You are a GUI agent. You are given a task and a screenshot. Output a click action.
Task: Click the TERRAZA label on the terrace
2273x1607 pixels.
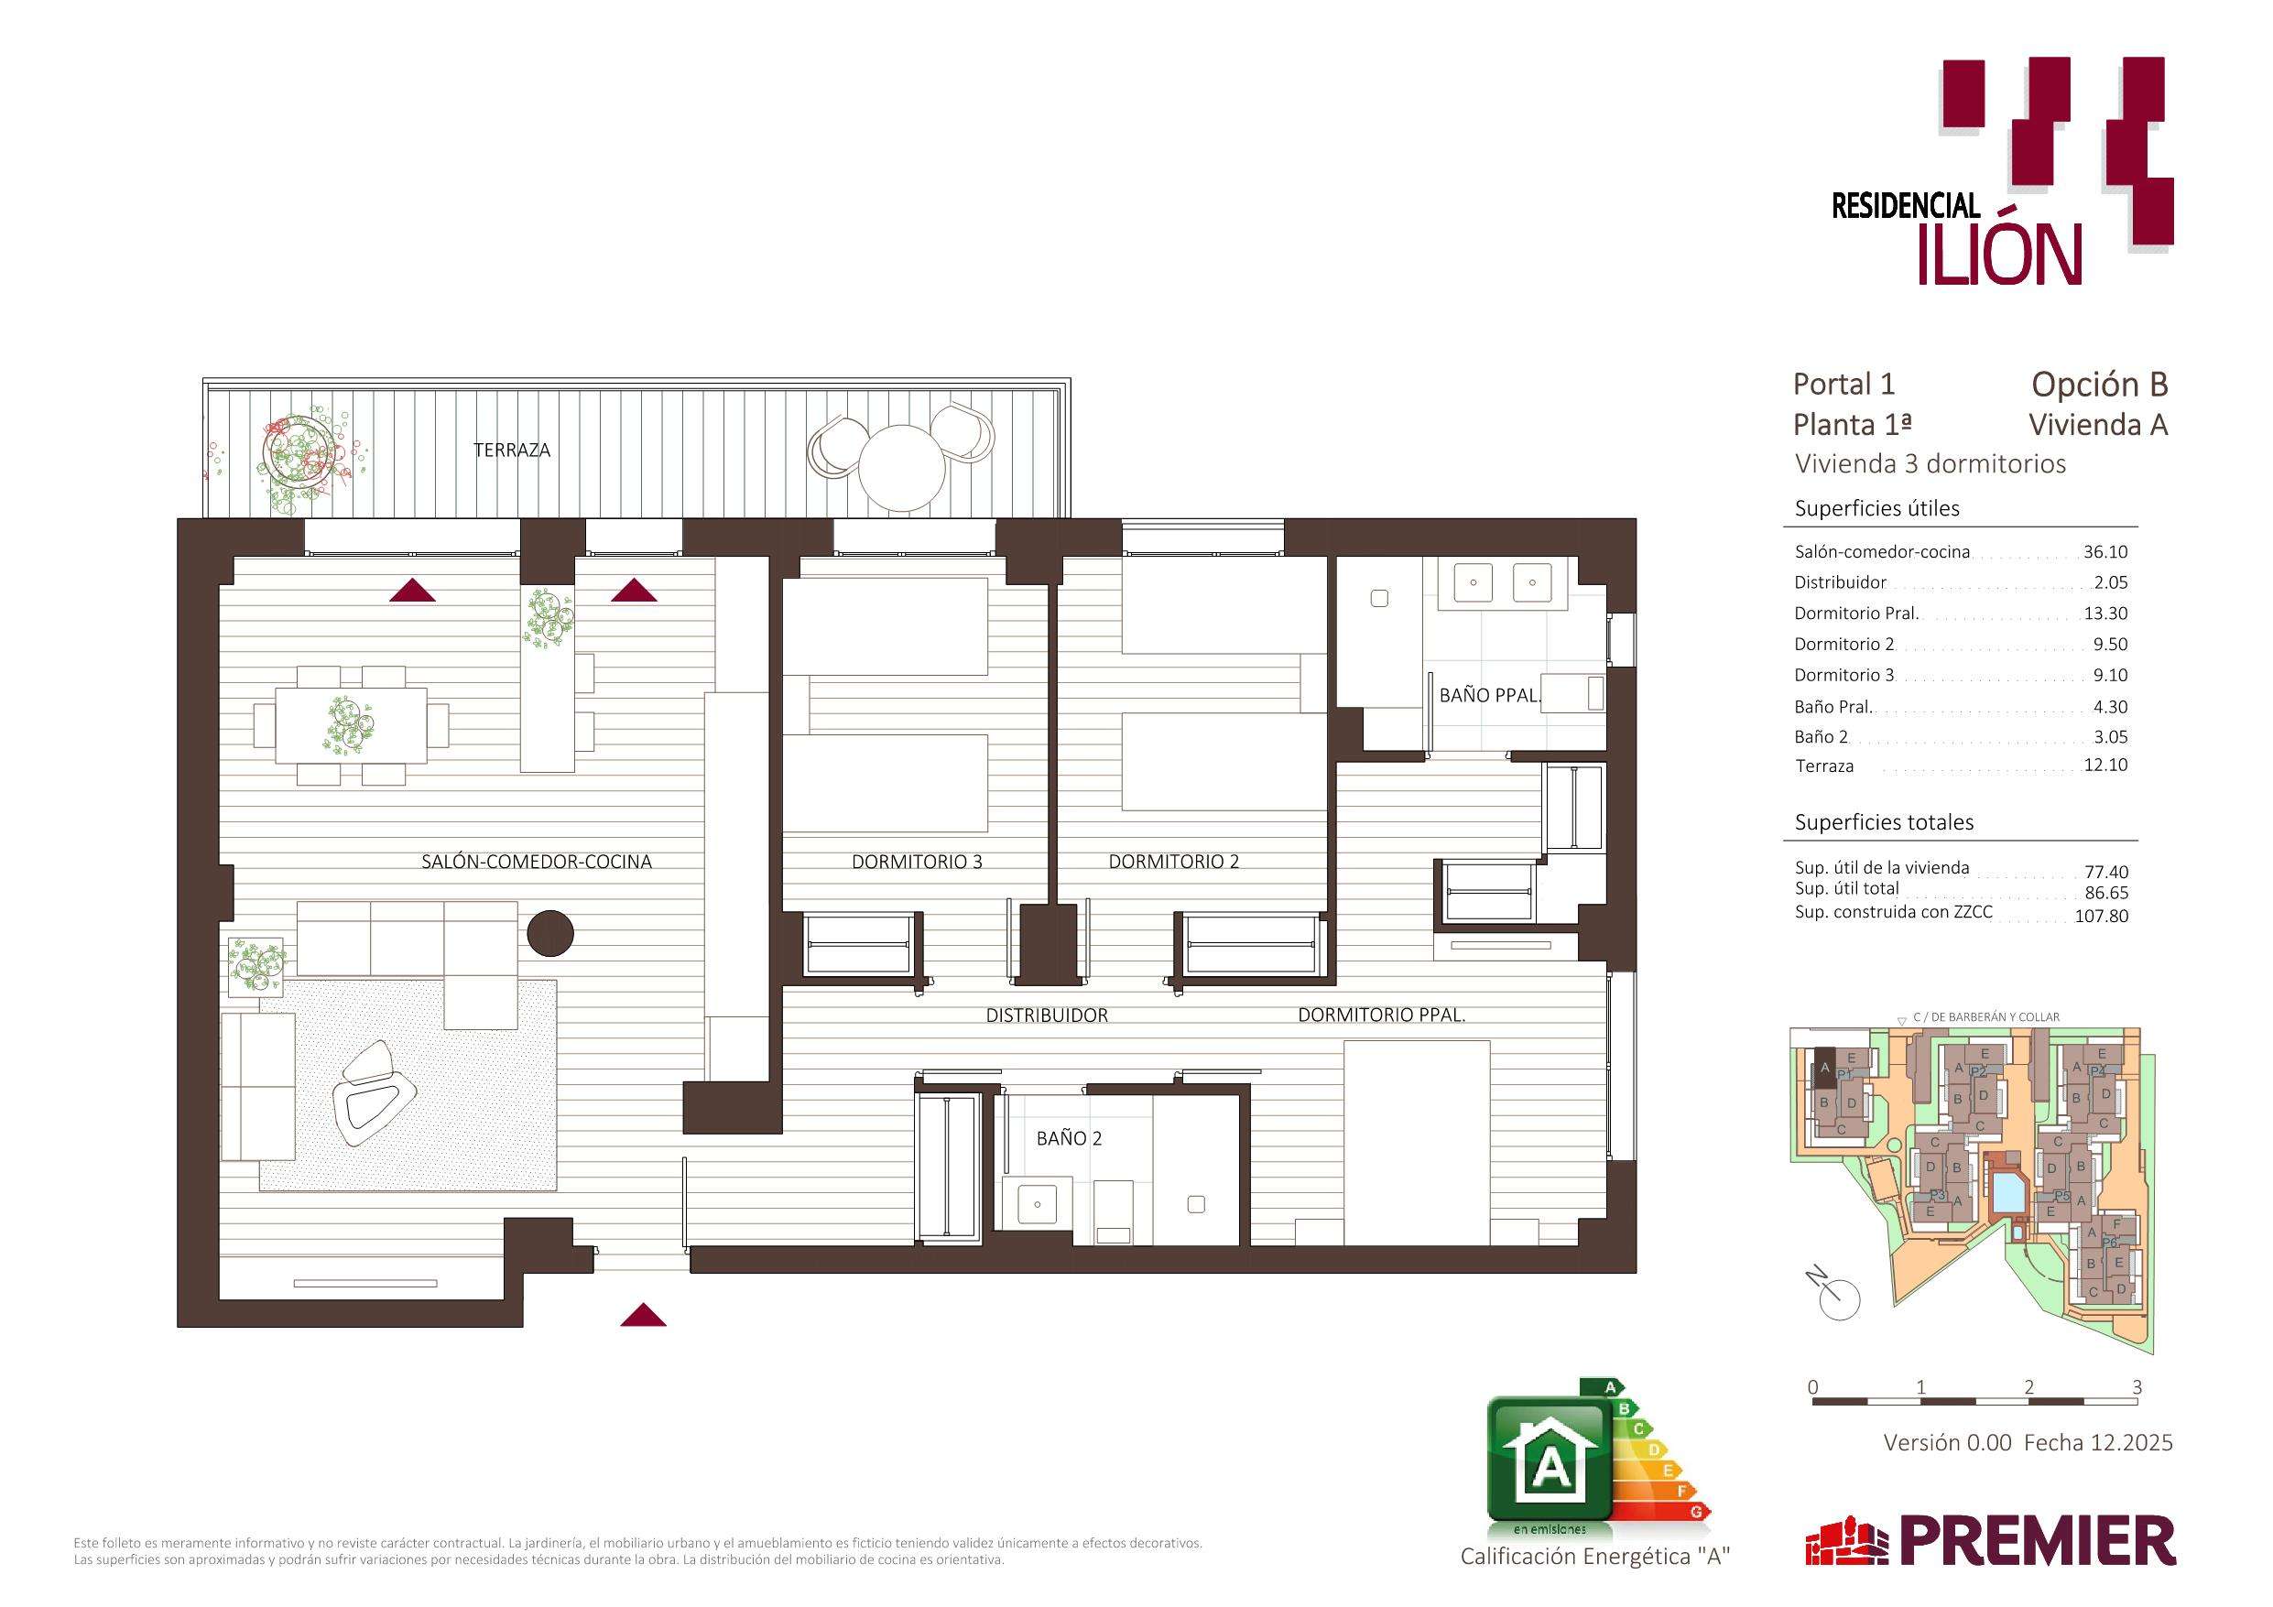(x=511, y=451)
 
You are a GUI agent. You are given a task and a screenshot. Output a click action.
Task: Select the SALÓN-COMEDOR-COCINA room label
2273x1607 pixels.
(x=537, y=862)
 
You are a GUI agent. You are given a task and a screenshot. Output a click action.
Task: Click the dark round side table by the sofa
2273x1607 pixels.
(x=550, y=933)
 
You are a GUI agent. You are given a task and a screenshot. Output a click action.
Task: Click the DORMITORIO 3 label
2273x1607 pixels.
(x=917, y=862)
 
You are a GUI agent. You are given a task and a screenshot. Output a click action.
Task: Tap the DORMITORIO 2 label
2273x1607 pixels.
(x=1173, y=862)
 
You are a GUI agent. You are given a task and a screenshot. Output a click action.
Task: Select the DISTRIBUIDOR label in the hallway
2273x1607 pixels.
(x=1047, y=1015)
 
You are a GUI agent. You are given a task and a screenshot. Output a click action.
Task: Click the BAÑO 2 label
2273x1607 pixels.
(x=1069, y=1139)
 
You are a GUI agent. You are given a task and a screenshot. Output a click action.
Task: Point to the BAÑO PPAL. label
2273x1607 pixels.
(x=1490, y=695)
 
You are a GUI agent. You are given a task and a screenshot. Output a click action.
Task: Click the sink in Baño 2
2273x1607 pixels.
(x=1037, y=1204)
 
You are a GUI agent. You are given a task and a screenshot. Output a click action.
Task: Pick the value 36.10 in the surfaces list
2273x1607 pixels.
(x=2104, y=552)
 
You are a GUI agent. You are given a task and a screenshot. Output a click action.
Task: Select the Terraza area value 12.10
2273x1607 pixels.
(x=2104, y=765)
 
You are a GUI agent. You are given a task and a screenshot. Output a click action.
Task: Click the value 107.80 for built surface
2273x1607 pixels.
(x=2101, y=916)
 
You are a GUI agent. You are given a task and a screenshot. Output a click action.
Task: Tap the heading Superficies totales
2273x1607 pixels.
(x=1884, y=822)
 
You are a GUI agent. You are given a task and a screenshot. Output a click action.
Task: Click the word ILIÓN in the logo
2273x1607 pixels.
(x=2000, y=255)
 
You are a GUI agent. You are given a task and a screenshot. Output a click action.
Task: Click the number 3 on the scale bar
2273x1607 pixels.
(x=2137, y=1387)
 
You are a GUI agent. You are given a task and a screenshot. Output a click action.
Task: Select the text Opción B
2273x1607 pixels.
(x=2100, y=385)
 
